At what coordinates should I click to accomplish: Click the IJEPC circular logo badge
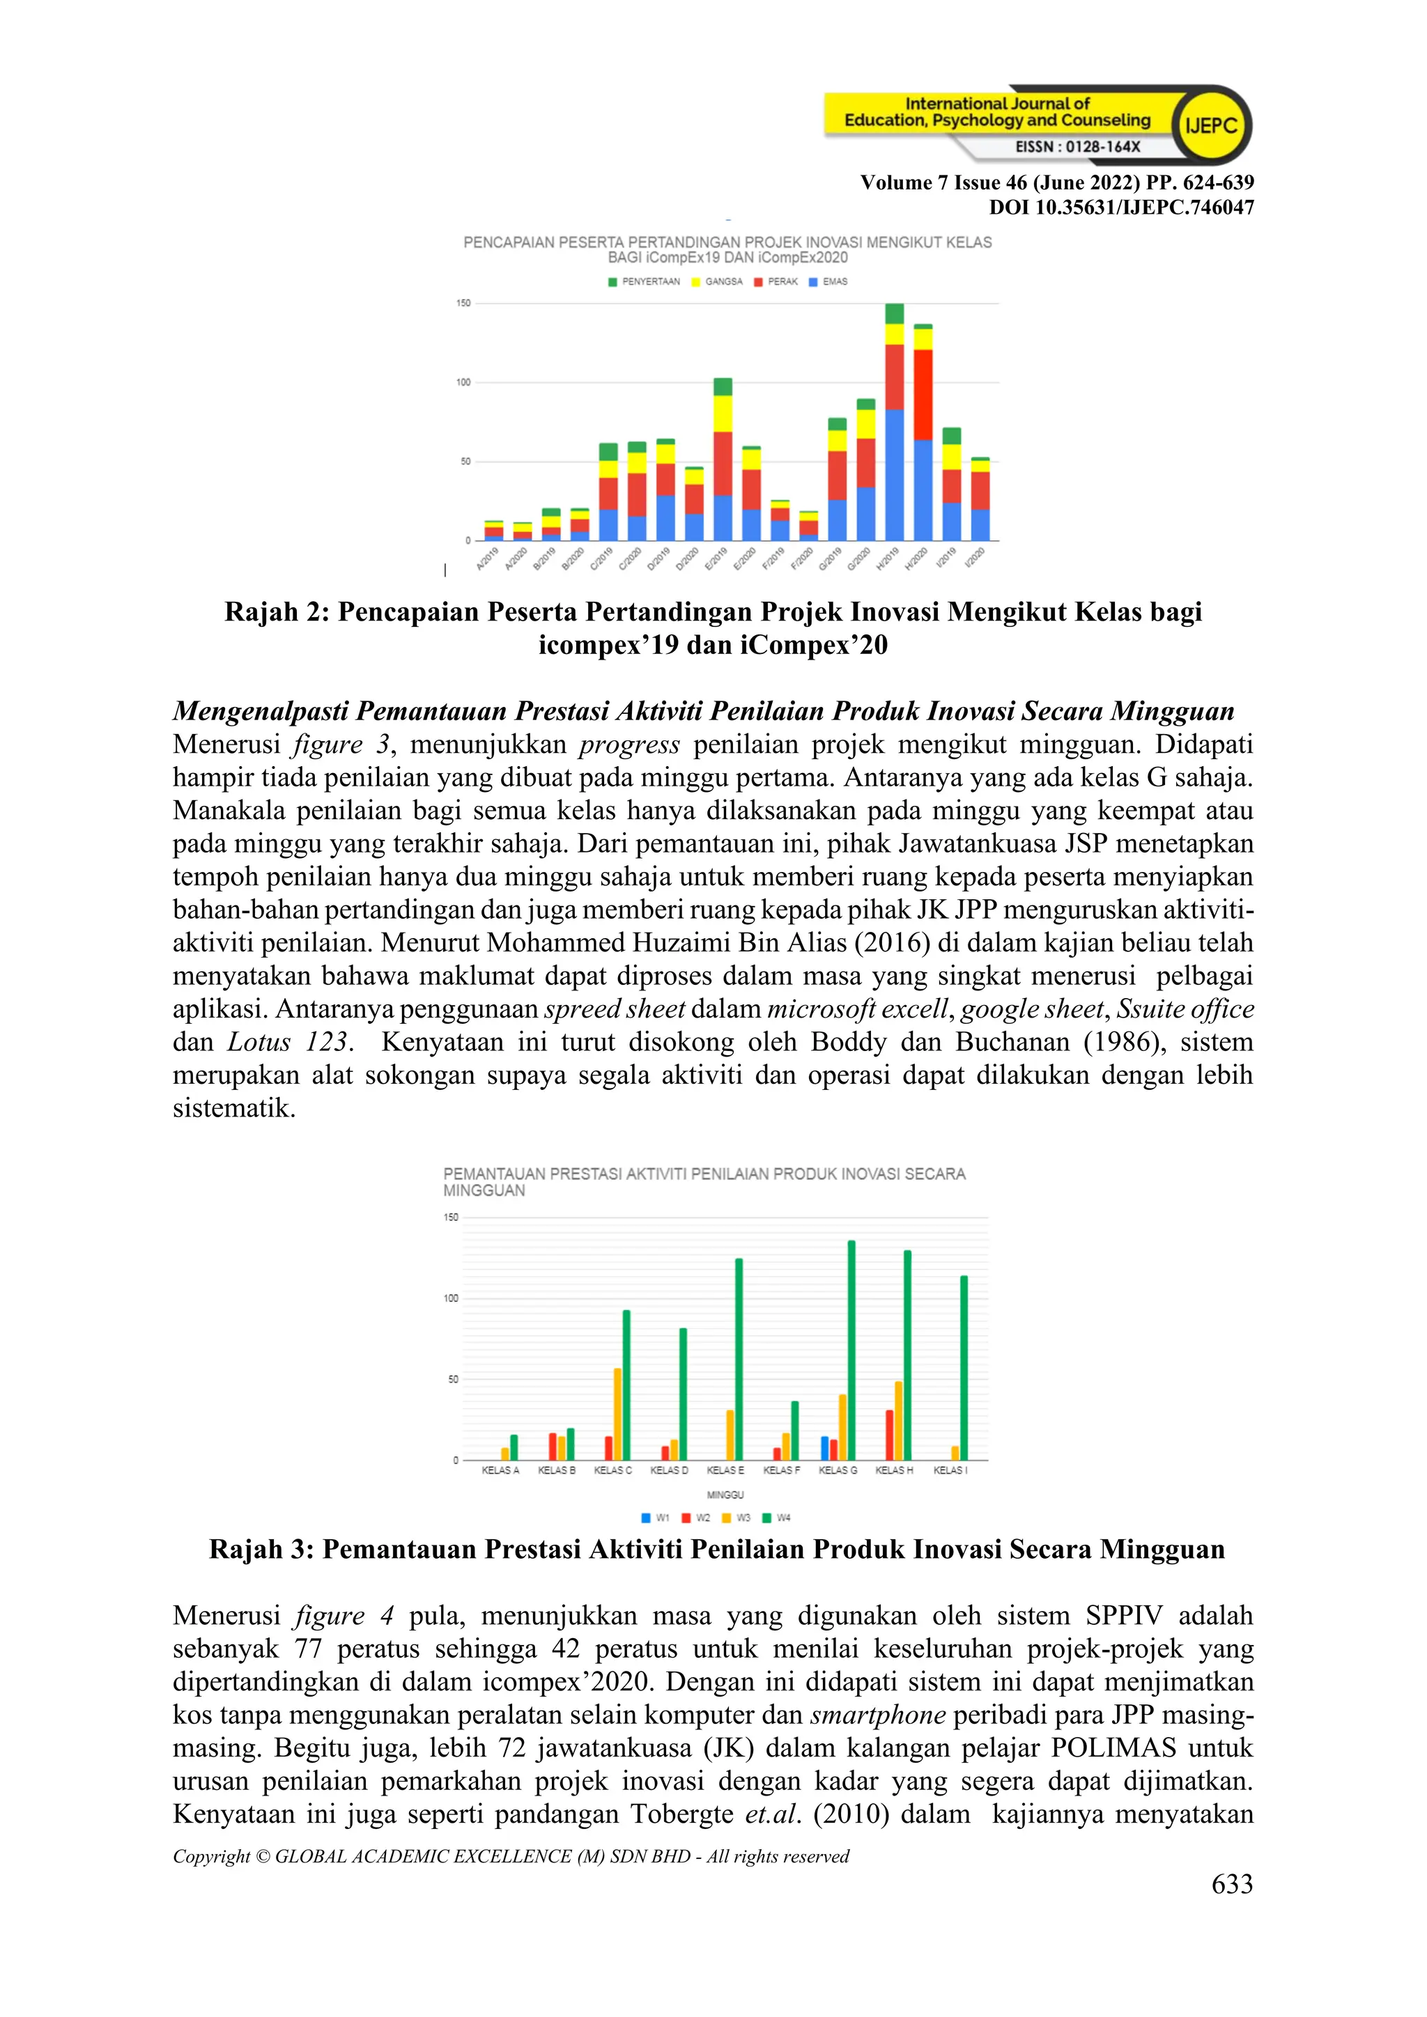(1211, 125)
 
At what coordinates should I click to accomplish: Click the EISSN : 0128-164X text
(1077, 147)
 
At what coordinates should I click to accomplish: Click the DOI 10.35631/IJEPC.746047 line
(1121, 208)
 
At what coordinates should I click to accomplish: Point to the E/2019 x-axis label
(716, 559)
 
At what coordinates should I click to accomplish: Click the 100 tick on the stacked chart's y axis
(463, 382)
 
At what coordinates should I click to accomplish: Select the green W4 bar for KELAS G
(851, 1351)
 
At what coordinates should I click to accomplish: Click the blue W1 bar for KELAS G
(824, 1449)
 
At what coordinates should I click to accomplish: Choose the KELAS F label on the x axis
(781, 1470)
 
